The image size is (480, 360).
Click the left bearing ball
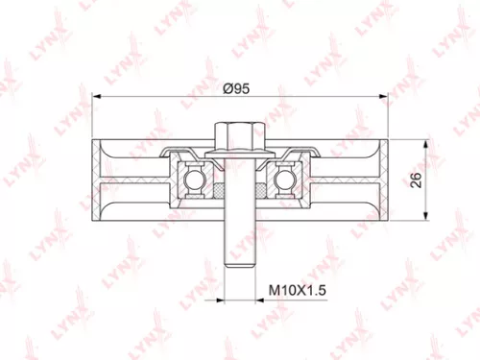coord(193,178)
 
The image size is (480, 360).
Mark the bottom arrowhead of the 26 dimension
coord(425,220)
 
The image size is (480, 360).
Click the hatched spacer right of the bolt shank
coord(256,191)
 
